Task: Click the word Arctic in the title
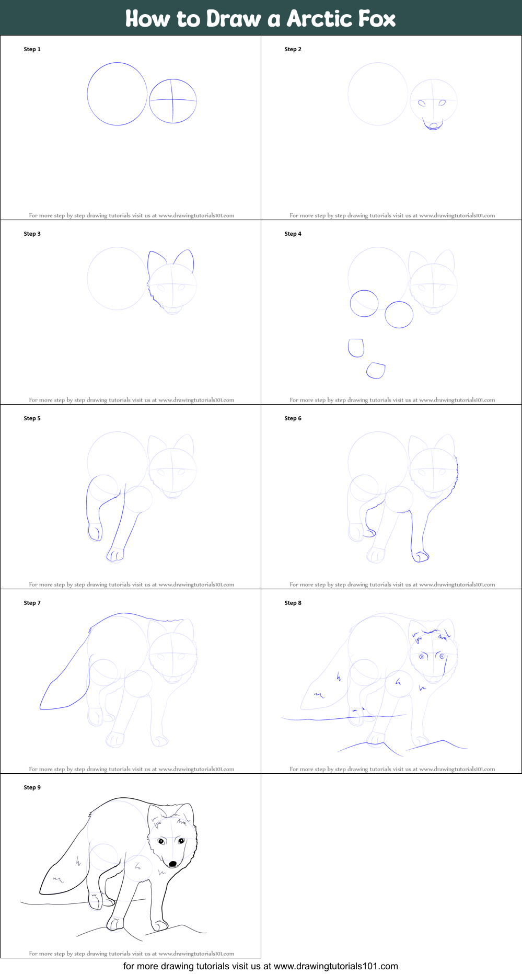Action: point(319,18)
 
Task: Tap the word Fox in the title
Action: point(377,18)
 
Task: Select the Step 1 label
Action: point(32,49)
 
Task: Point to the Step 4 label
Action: point(293,234)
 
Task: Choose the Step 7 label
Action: point(32,603)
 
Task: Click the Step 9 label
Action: point(32,787)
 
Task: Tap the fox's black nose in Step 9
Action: point(172,864)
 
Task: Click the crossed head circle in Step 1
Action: point(173,101)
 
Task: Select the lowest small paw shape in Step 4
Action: point(376,370)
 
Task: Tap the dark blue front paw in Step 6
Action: point(420,556)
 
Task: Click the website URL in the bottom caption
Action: point(336,966)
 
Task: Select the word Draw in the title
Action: point(234,18)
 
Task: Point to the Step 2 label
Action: point(293,49)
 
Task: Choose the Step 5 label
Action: point(32,418)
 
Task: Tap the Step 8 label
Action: point(293,603)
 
